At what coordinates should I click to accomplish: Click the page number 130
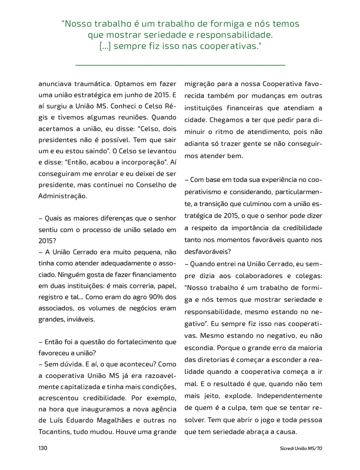43,448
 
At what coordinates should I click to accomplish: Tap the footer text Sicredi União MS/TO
301,448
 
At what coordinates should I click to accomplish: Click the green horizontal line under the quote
180,64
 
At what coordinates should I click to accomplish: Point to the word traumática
92,84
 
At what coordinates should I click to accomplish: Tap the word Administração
62,196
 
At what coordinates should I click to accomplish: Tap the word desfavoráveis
207,252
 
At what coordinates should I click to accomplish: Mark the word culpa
240,408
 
